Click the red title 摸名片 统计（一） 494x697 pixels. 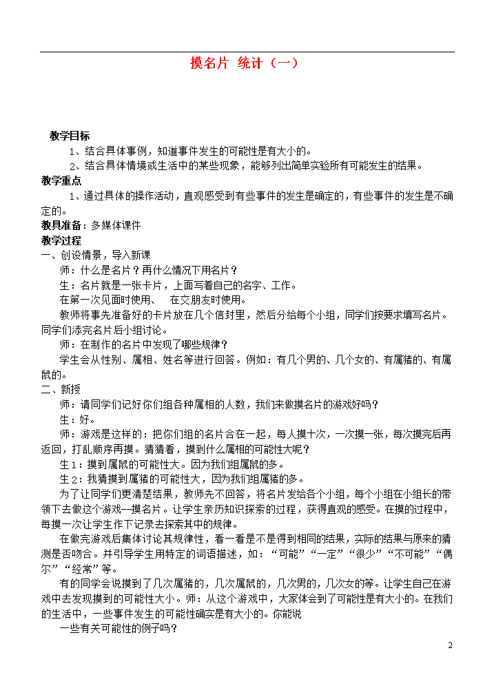tap(245, 64)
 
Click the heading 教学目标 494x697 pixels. tap(70, 136)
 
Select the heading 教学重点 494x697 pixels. tap(61, 180)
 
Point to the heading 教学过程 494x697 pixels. tap(61, 240)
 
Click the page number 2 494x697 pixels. tap(450, 645)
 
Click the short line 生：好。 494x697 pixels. tap(77, 419)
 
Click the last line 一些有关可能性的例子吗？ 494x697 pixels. tap(119, 629)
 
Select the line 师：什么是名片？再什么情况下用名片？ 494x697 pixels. tap(148, 270)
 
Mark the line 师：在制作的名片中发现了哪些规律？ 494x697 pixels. tap(143, 344)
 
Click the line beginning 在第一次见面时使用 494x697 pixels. tap(152, 300)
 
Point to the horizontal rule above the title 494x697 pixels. tap(247, 52)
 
